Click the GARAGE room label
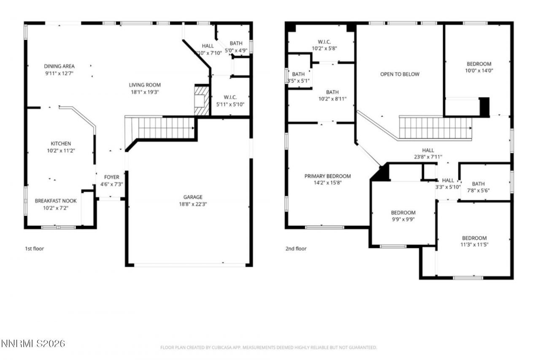coord(193,197)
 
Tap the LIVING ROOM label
coord(145,85)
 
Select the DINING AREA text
coord(59,66)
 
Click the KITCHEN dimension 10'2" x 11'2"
coord(61,150)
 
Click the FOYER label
coord(111,177)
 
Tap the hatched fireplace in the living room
coord(201,100)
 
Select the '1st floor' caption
coord(34,249)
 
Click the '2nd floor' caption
coord(296,249)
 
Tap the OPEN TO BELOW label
coord(400,74)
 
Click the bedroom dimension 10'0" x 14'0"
coord(479,70)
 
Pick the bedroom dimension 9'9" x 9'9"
coord(403,219)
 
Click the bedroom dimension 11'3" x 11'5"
coord(474,245)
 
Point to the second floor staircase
coord(435,128)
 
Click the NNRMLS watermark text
coord(33,343)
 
